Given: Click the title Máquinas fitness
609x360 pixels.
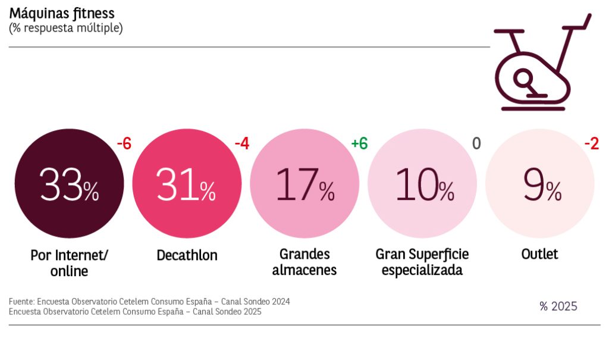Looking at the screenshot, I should [62, 13].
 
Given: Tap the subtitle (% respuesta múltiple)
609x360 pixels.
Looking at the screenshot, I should [66, 28].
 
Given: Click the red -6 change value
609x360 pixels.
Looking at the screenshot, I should [124, 143].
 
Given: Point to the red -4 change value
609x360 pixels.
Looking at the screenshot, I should [241, 143].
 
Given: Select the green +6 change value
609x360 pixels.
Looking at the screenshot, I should [359, 143].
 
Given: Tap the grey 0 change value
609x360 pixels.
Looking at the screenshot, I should [476, 143].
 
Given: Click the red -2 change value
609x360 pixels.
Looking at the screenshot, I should [591, 143].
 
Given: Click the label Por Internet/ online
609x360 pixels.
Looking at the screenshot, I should [70, 263].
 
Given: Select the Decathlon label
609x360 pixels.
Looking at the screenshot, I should [187, 256].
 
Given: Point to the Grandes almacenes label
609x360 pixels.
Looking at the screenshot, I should [304, 262].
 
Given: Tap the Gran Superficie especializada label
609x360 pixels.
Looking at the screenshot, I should [422, 262].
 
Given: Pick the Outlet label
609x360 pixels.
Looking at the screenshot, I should [540, 255].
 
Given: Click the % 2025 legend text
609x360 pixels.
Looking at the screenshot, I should [558, 306].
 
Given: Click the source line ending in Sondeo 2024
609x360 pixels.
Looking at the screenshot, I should [149, 302].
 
